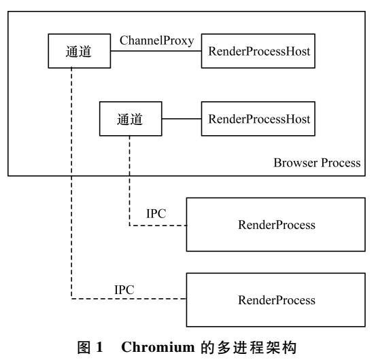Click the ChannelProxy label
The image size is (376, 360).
(157, 41)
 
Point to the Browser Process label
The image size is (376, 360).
(317, 163)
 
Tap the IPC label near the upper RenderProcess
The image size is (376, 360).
(156, 214)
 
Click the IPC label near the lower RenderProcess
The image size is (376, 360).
(124, 290)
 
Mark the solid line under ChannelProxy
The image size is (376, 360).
(156, 51)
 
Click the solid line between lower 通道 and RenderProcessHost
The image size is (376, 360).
(182, 119)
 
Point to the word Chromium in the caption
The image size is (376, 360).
(158, 347)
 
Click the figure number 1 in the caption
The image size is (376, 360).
(99, 347)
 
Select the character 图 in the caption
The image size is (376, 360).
(84, 348)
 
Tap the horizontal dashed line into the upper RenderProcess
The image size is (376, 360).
(158, 226)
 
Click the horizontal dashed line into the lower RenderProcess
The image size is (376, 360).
(129, 299)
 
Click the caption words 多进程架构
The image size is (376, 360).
(257, 348)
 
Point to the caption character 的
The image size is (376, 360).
(207, 348)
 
